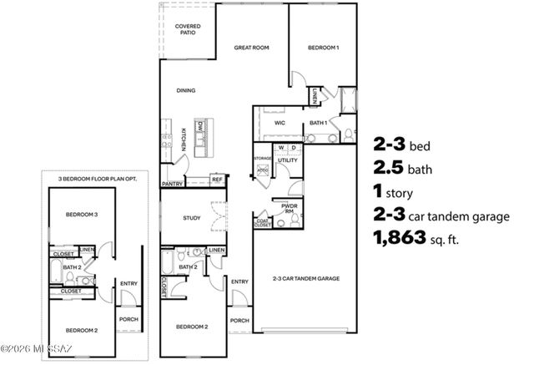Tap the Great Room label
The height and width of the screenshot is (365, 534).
pyautogui.click(x=251, y=48)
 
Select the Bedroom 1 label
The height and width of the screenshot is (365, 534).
pyautogui.click(x=324, y=48)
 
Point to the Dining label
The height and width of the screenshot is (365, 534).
pyautogui.click(x=186, y=90)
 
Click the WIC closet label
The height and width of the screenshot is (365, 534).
pyautogui.click(x=280, y=122)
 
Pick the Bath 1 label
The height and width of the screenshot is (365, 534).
pyautogui.click(x=318, y=122)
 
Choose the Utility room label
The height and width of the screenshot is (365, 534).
pyautogui.click(x=288, y=160)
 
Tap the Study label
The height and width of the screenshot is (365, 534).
pyautogui.click(x=192, y=219)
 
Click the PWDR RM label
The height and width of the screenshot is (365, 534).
pyautogui.click(x=288, y=211)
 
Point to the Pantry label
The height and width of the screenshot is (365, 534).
pyautogui.click(x=173, y=183)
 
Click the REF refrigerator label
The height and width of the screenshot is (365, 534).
pyautogui.click(x=217, y=179)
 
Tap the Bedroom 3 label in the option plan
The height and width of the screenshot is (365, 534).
pyautogui.click(x=82, y=215)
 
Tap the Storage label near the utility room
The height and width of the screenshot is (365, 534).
pyautogui.click(x=263, y=156)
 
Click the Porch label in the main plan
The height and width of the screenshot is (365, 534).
pyautogui.click(x=239, y=320)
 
